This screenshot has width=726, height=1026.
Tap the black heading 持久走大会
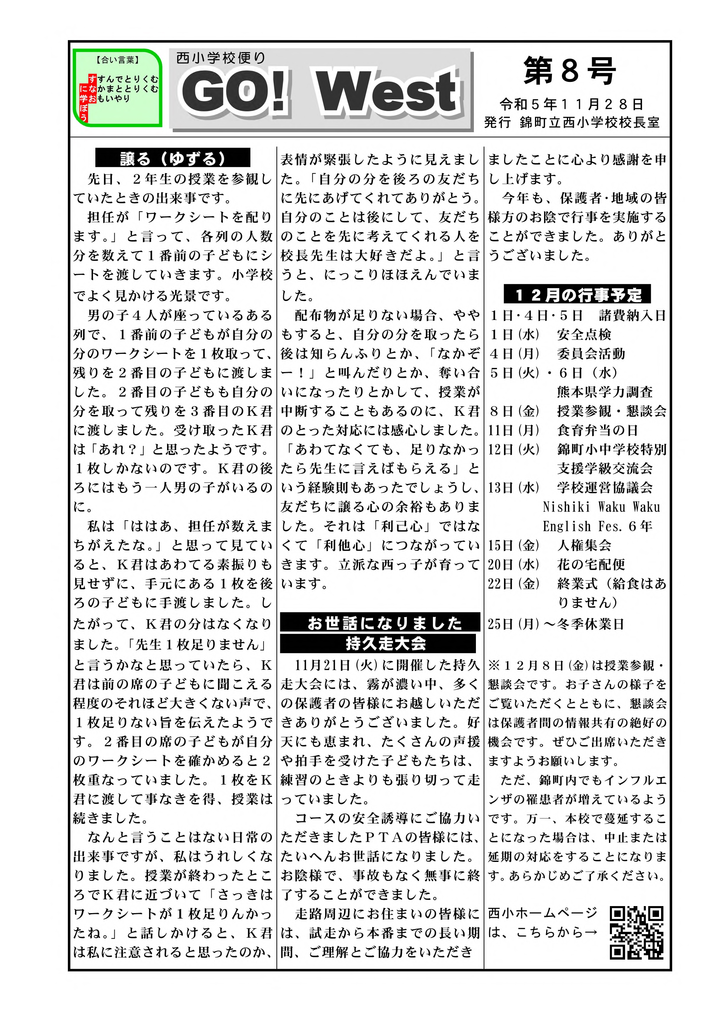pyautogui.click(x=378, y=643)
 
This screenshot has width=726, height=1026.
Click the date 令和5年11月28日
pyautogui.click(x=571, y=105)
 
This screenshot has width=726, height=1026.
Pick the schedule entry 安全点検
pyautogui.click(x=584, y=335)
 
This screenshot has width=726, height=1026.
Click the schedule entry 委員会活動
pyautogui.click(x=591, y=354)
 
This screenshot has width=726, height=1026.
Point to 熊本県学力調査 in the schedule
pyautogui.click(x=604, y=392)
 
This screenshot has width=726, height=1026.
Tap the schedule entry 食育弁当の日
pyautogui.click(x=597, y=430)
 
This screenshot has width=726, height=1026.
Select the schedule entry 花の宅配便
pyautogui.click(x=591, y=564)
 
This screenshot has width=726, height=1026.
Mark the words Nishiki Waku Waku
pyautogui.click(x=601, y=507)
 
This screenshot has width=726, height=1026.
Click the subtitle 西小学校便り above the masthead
pyautogui.click(x=221, y=58)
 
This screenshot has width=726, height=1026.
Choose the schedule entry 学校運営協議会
pyautogui.click(x=604, y=488)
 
